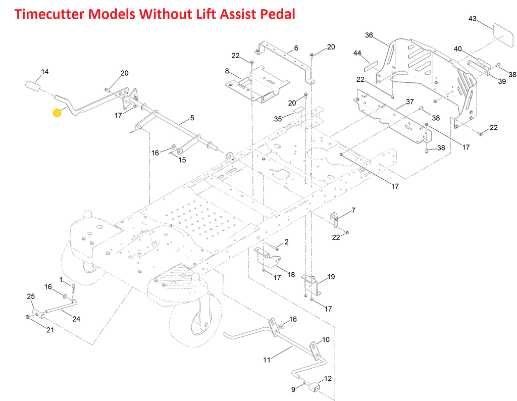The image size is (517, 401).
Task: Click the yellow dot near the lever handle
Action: tap(57, 112)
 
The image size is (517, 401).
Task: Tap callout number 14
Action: tap(45, 72)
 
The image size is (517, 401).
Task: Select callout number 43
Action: tap(472, 19)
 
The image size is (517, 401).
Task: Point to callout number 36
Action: tap(369, 35)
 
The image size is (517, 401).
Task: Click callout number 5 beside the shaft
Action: tap(192, 118)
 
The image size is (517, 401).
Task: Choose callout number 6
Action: tap(296, 48)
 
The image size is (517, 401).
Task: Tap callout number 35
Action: tap(278, 119)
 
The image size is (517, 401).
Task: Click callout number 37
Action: tap(410, 102)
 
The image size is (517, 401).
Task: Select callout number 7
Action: tap(353, 210)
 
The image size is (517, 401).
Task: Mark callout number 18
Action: tap(291, 274)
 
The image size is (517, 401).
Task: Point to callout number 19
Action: tap(331, 277)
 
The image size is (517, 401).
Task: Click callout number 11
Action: tap(267, 360)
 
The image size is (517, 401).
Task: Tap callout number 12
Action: tap(328, 378)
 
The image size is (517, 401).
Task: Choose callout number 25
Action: tap(30, 296)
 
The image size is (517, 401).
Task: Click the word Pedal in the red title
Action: tap(273, 14)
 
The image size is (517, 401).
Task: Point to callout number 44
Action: tap(357, 53)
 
